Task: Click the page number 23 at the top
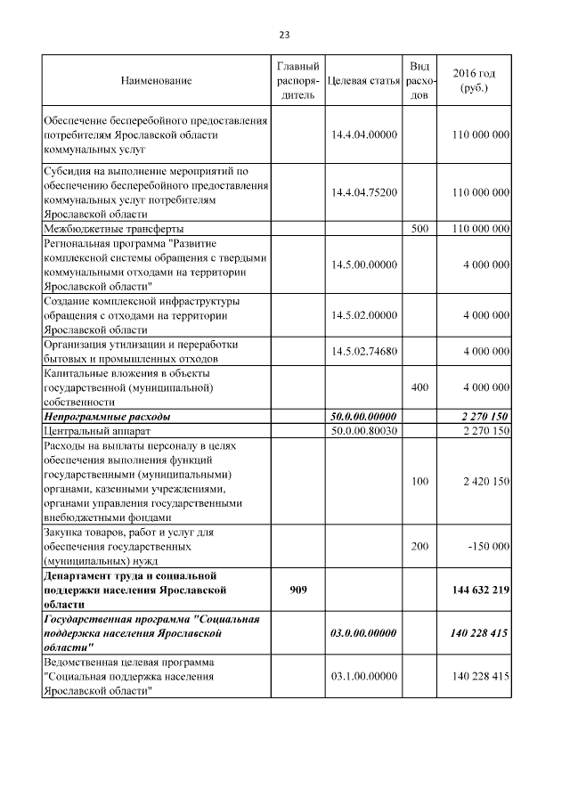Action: (x=284, y=36)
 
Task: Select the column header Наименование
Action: (x=156, y=81)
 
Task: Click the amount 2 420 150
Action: (x=485, y=481)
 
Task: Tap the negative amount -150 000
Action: (x=488, y=546)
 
